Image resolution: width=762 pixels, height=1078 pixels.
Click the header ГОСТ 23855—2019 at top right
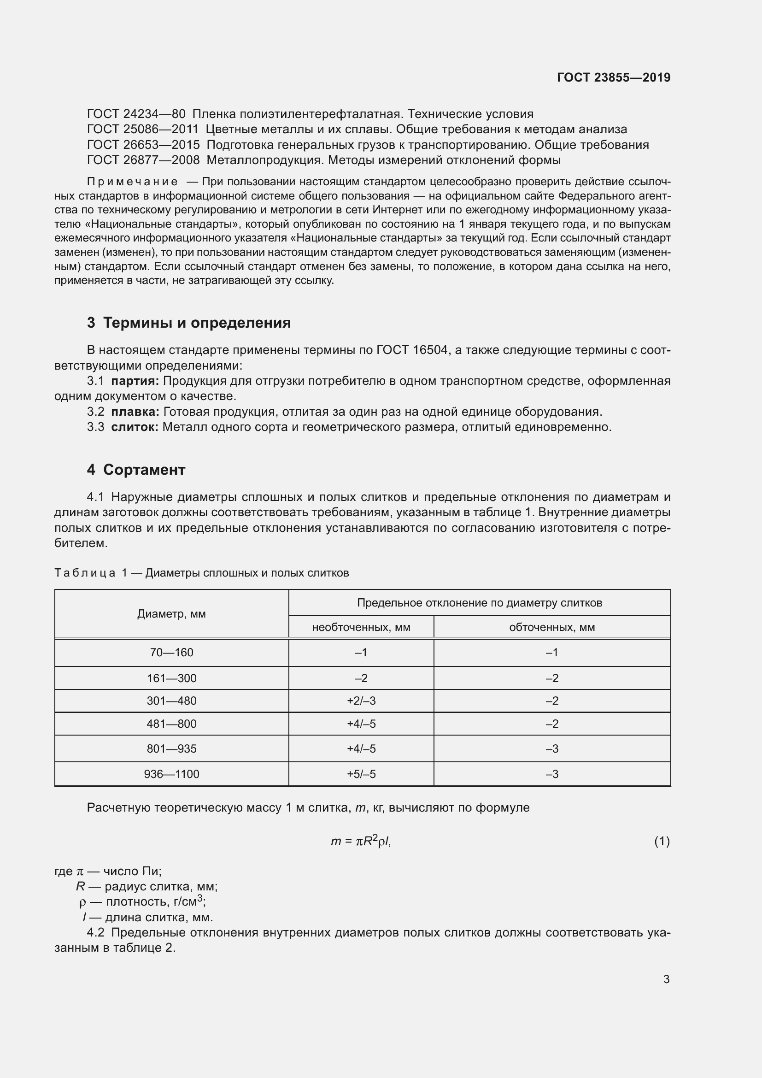click(613, 77)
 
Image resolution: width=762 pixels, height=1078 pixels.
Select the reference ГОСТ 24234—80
click(136, 114)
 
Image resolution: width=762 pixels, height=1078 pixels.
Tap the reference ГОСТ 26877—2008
click(143, 160)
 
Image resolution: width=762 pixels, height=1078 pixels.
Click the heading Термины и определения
click(197, 323)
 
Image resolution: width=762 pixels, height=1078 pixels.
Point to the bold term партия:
click(135, 381)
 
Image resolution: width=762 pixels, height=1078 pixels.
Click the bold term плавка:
click(135, 412)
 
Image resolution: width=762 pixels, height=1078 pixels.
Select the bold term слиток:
click(135, 427)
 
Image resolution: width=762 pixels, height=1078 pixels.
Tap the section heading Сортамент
click(144, 470)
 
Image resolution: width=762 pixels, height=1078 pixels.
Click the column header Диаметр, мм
click(171, 614)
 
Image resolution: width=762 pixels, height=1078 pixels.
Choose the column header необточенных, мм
click(361, 627)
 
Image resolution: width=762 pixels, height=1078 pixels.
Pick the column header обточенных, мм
click(552, 627)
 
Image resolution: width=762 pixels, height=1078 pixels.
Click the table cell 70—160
click(171, 653)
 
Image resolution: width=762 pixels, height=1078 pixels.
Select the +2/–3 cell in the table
click(361, 701)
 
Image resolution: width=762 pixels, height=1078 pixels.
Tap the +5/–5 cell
click(361, 774)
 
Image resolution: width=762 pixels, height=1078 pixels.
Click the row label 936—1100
click(171, 774)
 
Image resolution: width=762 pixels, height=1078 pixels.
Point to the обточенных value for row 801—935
click(552, 749)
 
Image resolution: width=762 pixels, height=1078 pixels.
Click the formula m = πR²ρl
click(360, 842)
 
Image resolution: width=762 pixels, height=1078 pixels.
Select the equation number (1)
click(662, 842)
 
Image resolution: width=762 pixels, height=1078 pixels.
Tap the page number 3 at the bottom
click(666, 979)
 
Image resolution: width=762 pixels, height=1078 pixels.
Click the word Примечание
click(132, 182)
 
